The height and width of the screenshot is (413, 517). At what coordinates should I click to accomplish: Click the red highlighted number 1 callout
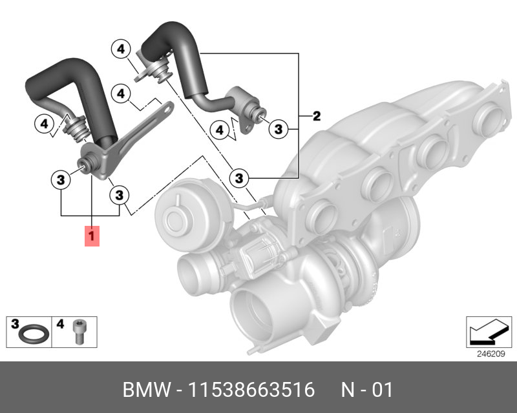(92, 236)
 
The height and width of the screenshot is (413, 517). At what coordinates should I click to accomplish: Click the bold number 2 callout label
(317, 116)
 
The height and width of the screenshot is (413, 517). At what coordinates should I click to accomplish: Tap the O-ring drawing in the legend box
(34, 334)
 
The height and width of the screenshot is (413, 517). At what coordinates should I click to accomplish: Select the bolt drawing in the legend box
(78, 332)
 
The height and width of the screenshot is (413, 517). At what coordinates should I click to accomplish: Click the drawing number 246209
(491, 354)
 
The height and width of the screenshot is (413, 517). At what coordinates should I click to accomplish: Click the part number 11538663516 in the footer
(251, 390)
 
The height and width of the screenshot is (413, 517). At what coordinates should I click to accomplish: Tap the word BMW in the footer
(147, 390)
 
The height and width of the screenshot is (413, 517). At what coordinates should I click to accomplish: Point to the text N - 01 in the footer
(366, 390)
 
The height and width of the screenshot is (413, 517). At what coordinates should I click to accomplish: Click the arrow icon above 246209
(489, 332)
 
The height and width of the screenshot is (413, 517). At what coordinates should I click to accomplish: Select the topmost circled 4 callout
(121, 49)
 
